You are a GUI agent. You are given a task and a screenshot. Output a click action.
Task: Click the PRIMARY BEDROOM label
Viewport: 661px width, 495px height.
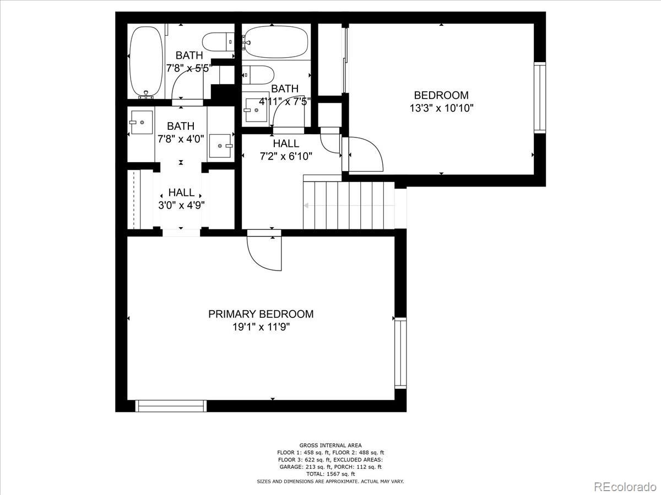261,314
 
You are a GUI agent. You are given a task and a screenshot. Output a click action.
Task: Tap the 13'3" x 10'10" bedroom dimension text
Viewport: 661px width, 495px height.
441,108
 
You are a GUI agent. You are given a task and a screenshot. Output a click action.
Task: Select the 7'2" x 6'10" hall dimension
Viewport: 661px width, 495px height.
286,156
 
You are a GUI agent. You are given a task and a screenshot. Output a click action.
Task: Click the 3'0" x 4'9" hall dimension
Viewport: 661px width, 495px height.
181,205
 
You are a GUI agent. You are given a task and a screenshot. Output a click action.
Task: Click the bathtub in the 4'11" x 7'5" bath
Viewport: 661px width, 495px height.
275,42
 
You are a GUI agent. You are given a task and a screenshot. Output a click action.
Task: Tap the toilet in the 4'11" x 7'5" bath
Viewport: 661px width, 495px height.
258,74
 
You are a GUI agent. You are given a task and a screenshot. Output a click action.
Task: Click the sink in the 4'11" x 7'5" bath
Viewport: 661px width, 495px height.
255,110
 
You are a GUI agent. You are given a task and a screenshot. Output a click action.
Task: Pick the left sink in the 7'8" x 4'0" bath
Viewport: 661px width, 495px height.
141,122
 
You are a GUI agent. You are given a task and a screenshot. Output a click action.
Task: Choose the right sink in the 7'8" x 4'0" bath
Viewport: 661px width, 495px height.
220,146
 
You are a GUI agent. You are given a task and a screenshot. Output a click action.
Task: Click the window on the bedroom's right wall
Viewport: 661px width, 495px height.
539,98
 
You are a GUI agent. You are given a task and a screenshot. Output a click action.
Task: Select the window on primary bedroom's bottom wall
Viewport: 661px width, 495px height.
171,406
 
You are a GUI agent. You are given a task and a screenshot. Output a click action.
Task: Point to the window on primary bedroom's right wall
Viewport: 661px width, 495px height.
400,353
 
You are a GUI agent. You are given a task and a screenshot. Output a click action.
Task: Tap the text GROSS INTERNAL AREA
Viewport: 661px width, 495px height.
330,446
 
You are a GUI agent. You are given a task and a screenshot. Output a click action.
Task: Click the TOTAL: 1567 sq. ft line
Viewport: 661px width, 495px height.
330,474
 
